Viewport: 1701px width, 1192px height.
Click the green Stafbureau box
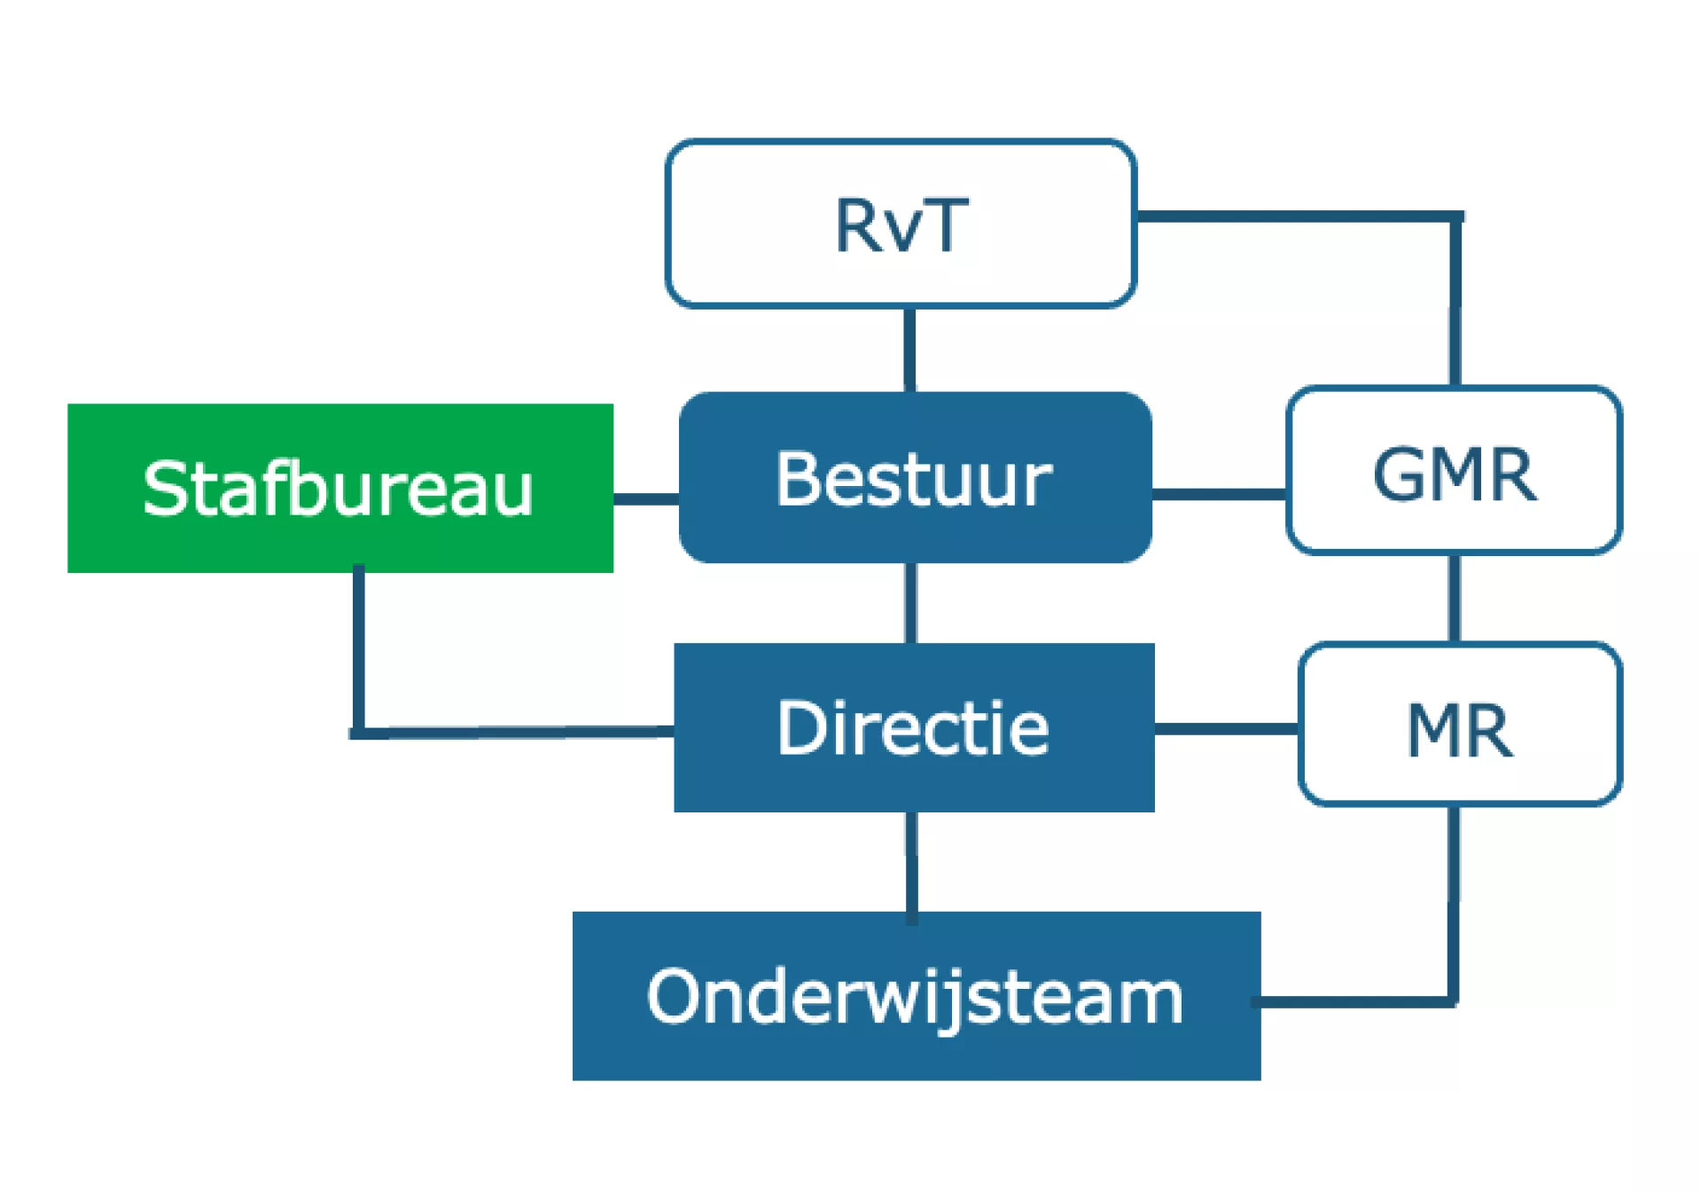point(340,488)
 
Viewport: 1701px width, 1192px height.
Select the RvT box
point(901,223)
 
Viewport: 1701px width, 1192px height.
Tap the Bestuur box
point(915,477)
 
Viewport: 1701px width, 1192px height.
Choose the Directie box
point(914,727)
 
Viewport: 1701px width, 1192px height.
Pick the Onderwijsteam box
point(917,996)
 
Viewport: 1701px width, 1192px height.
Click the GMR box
point(1455,470)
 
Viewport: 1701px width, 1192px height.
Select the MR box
point(1460,725)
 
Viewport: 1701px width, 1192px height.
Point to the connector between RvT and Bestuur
point(909,350)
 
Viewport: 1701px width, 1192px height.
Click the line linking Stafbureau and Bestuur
point(646,499)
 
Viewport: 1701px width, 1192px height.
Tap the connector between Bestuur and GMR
point(1219,494)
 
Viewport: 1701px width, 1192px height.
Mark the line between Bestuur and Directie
point(910,603)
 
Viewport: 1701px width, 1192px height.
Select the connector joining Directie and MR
point(1227,729)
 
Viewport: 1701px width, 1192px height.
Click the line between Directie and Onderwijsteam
point(911,862)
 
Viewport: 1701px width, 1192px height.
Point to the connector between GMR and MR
point(1454,599)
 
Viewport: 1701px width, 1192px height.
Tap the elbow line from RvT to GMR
point(1455,217)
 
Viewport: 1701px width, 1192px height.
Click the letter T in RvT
point(944,225)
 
